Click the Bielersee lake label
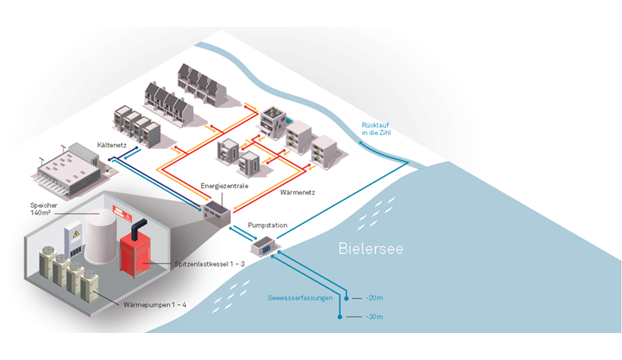point(372,249)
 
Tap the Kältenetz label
point(111,144)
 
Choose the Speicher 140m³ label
point(44,208)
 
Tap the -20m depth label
point(372,299)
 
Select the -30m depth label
point(372,317)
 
